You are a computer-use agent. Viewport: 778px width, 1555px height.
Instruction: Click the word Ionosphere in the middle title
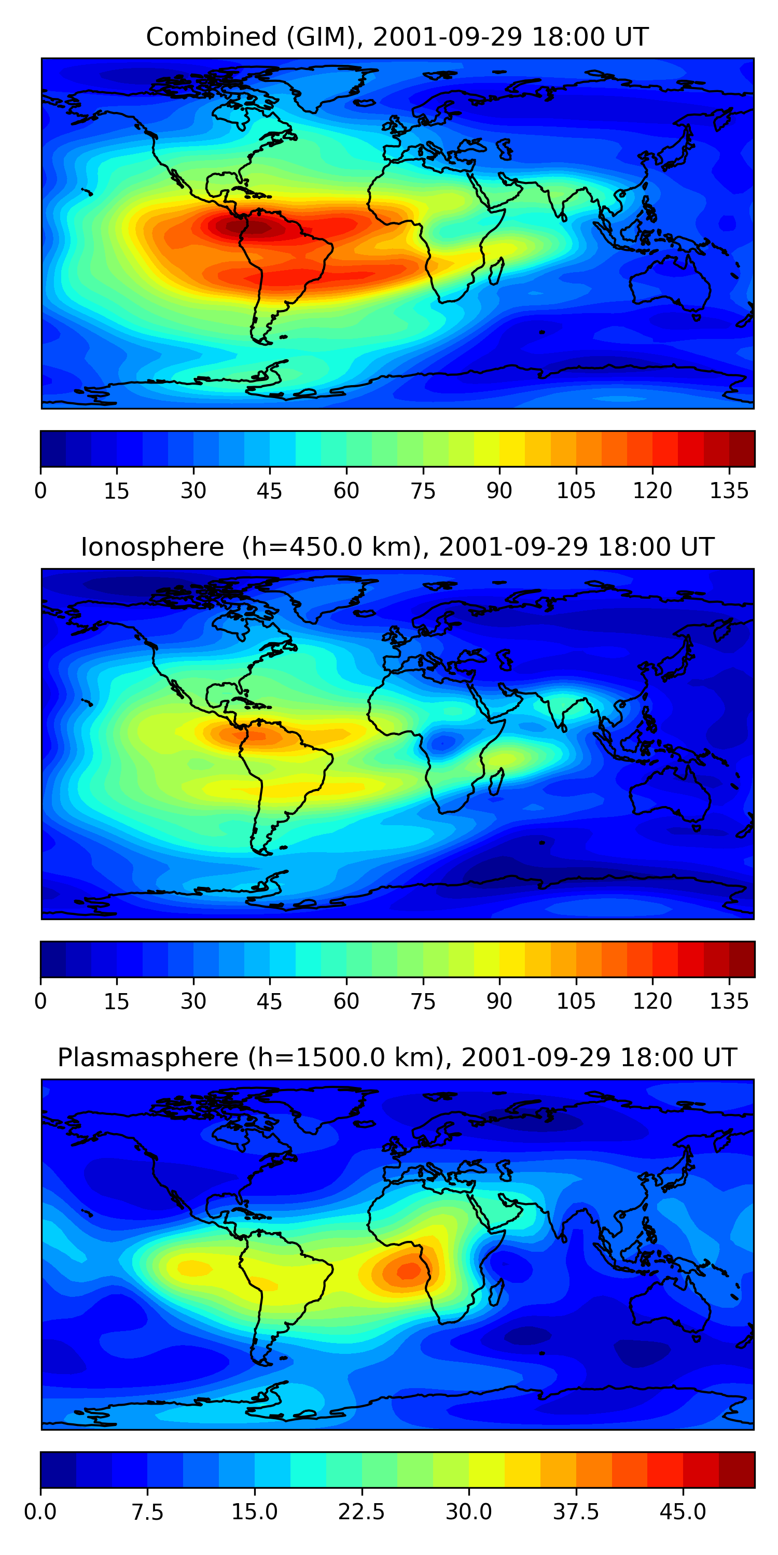[x=152, y=547]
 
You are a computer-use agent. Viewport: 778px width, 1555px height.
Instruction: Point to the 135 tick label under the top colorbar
[x=729, y=491]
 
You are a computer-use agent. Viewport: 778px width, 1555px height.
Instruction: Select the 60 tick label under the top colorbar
[x=346, y=491]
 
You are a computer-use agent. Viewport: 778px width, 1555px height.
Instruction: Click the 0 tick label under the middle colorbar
[x=40, y=1001]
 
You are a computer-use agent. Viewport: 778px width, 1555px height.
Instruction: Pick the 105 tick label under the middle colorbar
[x=576, y=1001]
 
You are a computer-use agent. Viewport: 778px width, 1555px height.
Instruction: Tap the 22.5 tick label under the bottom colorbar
[x=361, y=1511]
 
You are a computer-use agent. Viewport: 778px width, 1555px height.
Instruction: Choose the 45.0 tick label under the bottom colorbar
[x=683, y=1511]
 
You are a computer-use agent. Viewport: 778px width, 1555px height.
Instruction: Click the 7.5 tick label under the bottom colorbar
[x=147, y=1511]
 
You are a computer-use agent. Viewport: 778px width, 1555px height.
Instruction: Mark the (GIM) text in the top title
[x=325, y=37]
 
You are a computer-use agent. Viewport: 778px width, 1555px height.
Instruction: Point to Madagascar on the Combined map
[x=496, y=271]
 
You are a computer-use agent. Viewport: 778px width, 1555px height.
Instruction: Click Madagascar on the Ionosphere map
[x=496, y=782]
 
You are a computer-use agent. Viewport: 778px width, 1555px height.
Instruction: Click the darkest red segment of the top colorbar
[x=742, y=448]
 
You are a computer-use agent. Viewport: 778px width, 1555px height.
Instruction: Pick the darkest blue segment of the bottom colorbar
[x=58, y=1469]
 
